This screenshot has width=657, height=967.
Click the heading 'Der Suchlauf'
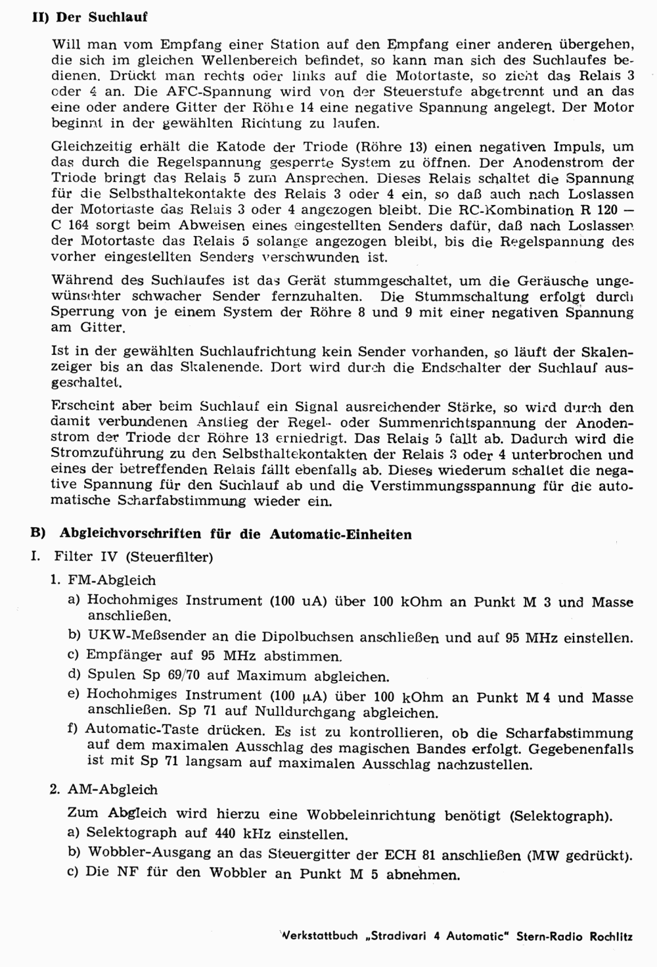pos(102,17)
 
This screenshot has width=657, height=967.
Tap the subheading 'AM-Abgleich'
pos(113,790)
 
